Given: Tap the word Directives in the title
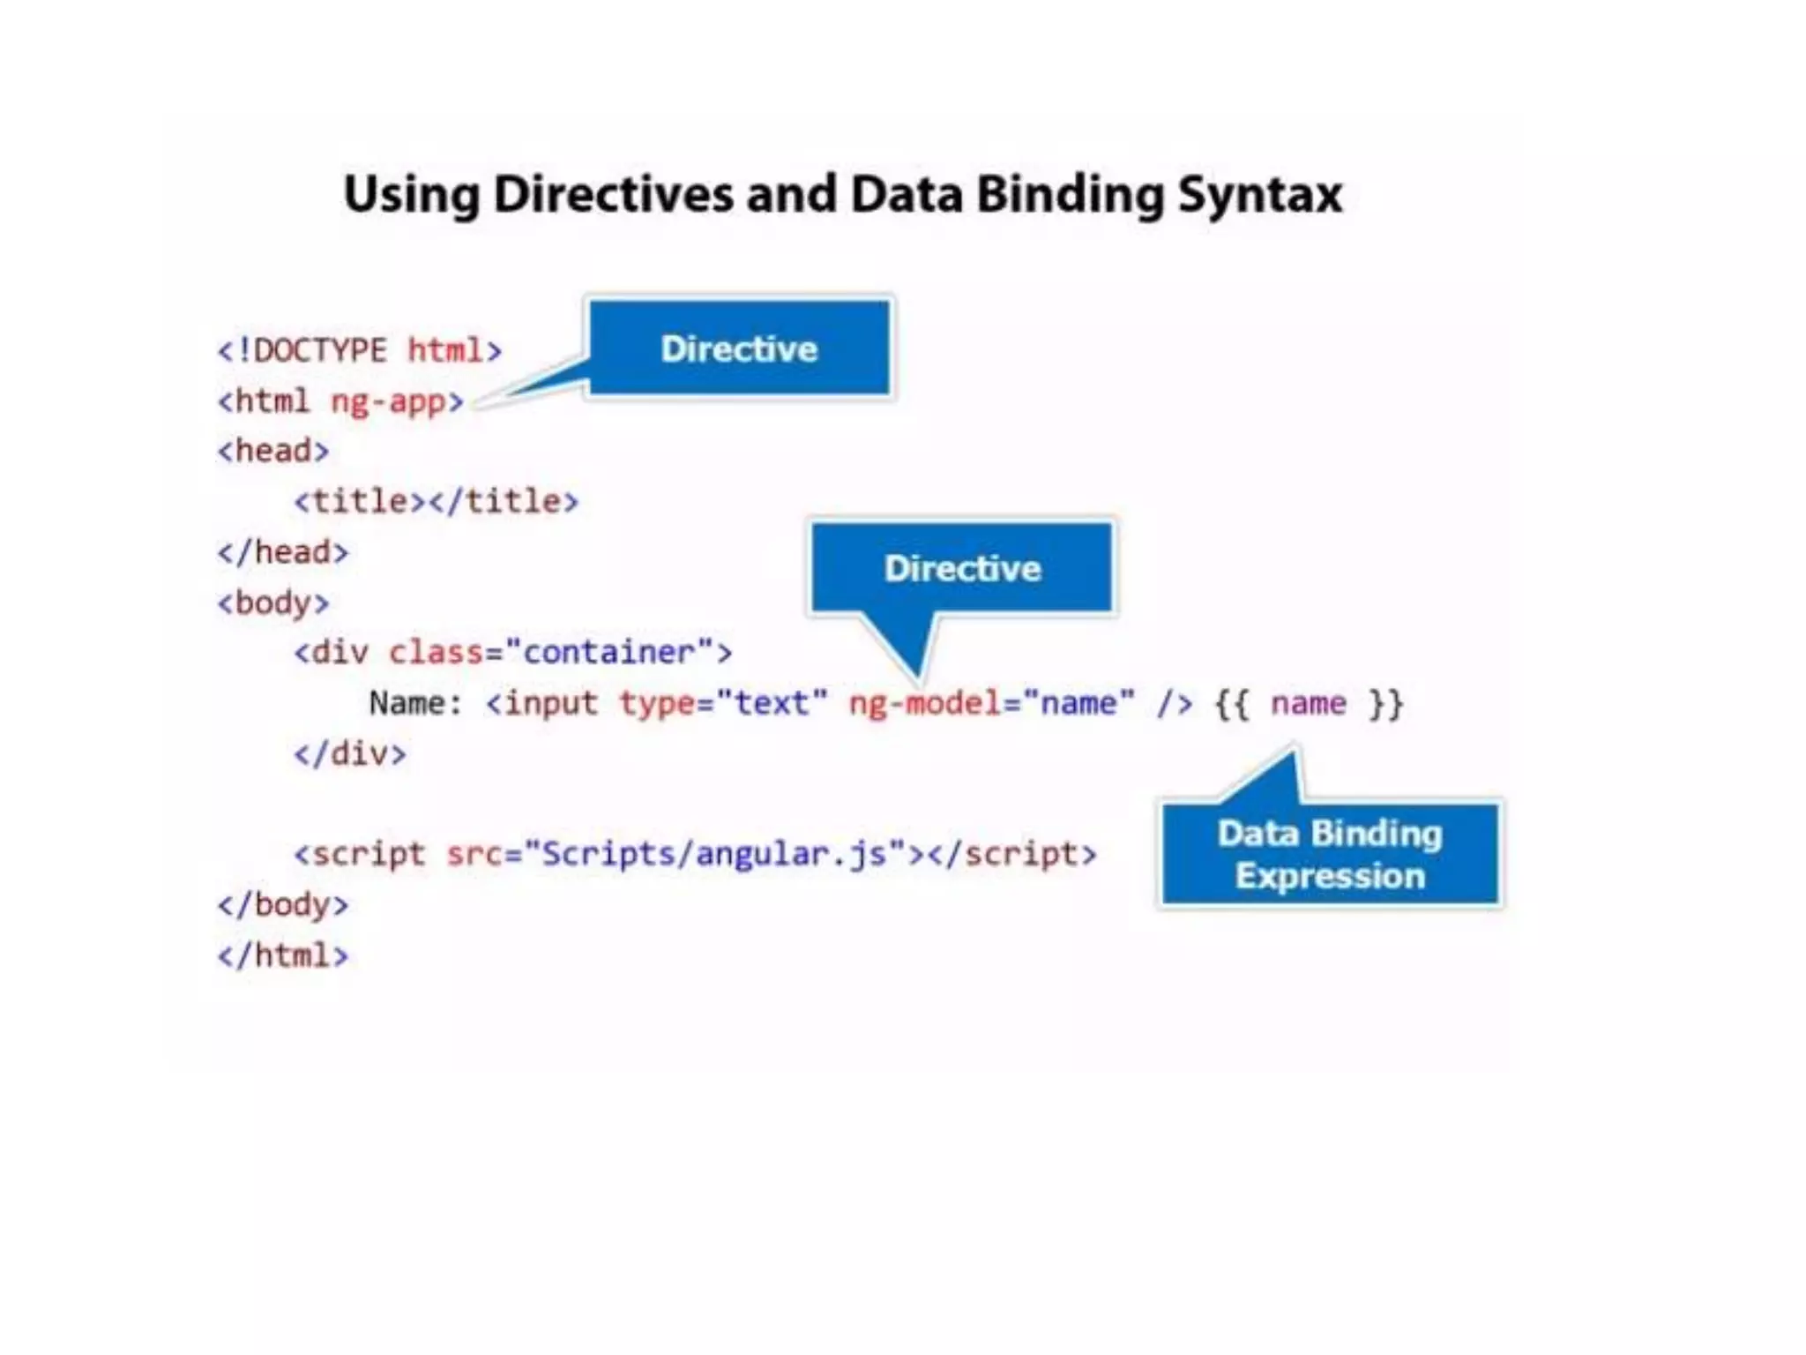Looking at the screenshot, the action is [613, 194].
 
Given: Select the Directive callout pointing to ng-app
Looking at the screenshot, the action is [739, 348].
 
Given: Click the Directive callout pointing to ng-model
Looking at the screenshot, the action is [962, 568].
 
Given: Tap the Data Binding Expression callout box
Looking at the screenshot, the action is [1330, 854].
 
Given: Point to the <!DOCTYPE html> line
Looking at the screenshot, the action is [360, 351].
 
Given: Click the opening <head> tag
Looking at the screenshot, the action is [273, 451].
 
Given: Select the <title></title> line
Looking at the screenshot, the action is [437, 501].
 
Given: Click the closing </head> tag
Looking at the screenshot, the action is [283, 552].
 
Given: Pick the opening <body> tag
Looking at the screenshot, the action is [273, 603].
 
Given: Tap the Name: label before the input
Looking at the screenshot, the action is [415, 703].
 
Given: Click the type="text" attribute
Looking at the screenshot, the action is [723, 703].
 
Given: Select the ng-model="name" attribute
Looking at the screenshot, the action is [991, 703].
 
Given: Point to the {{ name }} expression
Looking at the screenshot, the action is [1309, 704].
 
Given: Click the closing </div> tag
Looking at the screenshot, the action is [350, 754].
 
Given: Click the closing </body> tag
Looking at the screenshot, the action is [283, 905].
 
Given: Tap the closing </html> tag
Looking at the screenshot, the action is [283, 955].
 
